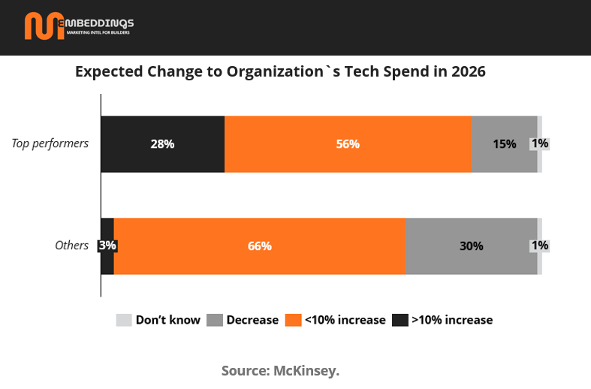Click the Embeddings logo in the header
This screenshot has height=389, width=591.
click(78, 26)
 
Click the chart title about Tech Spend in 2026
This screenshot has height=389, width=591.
click(280, 73)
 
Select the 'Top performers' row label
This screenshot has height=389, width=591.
click(50, 143)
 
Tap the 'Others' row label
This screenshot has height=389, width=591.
click(72, 246)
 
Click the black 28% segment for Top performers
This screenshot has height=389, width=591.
click(162, 144)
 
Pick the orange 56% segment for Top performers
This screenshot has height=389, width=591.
click(348, 144)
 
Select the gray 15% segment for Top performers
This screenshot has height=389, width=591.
click(504, 144)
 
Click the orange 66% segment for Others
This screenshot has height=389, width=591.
click(259, 246)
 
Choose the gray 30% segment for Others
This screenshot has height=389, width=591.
click(471, 246)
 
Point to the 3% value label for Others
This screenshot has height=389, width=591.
click(107, 246)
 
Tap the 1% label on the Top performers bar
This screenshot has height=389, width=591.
click(539, 143)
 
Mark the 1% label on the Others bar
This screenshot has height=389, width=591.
click(539, 246)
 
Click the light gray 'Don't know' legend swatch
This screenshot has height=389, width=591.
click(124, 320)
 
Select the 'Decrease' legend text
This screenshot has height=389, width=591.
click(252, 320)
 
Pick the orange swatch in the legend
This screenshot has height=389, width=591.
click(293, 320)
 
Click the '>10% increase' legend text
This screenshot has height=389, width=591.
click(452, 320)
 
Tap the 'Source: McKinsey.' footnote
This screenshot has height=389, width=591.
click(280, 371)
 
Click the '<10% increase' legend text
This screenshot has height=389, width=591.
click(345, 320)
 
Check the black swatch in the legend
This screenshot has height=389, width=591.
click(400, 320)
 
